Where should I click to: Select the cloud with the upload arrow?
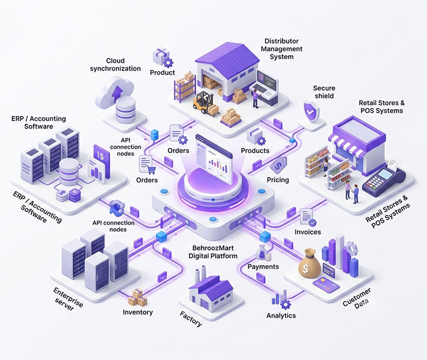click(116, 90)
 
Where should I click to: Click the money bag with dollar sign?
click(309, 263)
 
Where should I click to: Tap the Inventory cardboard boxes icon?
click(138, 297)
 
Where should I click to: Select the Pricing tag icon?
click(278, 165)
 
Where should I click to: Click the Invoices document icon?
click(308, 217)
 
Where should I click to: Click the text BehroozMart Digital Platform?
click(213, 252)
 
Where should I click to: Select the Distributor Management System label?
click(282, 49)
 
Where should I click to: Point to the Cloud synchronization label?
click(116, 64)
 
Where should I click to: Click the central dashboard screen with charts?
click(214, 159)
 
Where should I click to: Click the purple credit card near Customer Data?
click(326, 285)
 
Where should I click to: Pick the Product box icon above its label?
click(163, 57)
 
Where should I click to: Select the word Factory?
click(191, 319)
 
